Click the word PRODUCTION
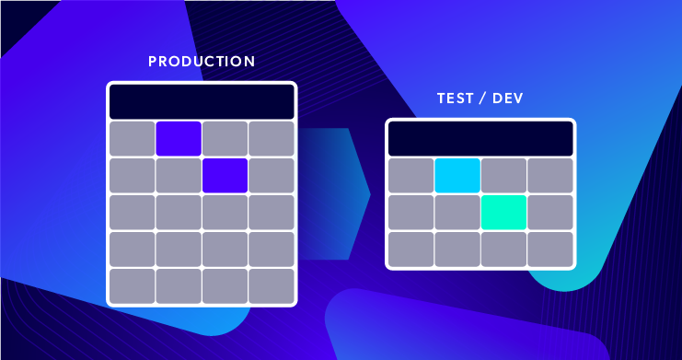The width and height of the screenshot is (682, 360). click(x=202, y=63)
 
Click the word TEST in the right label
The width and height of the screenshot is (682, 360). click(x=455, y=99)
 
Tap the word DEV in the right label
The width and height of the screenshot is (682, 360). click(x=509, y=99)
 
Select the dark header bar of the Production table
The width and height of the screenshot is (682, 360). click(x=202, y=101)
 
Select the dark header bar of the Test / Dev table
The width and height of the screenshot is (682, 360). click(x=480, y=138)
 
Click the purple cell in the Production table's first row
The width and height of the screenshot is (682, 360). click(x=179, y=139)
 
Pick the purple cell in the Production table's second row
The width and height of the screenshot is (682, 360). click(x=225, y=176)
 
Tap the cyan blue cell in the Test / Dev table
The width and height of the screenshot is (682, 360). click(x=457, y=175)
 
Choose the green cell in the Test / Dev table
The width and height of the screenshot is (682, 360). click(x=503, y=212)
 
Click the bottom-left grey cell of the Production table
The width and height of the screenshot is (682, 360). click(x=132, y=285)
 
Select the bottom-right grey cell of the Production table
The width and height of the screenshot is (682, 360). click(x=272, y=285)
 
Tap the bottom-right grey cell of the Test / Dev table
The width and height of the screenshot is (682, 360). click(x=550, y=249)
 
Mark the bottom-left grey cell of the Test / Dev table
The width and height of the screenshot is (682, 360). click(x=410, y=249)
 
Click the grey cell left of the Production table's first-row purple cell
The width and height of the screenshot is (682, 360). click(x=132, y=139)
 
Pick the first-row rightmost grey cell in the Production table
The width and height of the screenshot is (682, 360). click(x=272, y=139)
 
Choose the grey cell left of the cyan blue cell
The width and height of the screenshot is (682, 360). click(x=410, y=175)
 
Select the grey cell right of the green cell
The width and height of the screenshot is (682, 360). click(x=550, y=212)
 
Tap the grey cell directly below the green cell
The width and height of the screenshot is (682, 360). click(x=503, y=249)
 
